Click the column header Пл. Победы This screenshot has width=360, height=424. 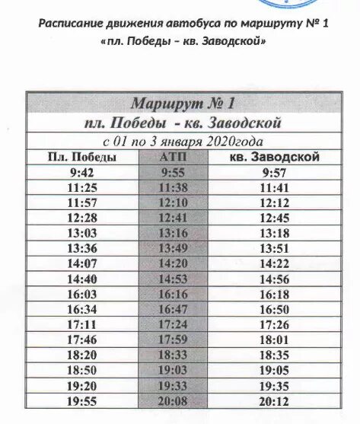tap(81, 158)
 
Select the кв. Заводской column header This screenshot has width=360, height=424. tap(273, 158)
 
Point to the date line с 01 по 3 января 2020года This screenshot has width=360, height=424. tap(183, 142)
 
